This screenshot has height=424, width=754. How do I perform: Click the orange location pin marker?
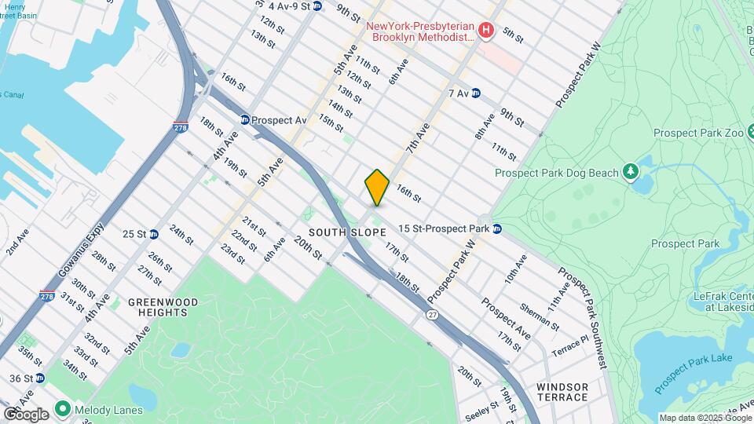[377, 187]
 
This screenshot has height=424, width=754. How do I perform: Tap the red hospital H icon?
[486, 31]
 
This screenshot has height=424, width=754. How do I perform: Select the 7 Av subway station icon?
[476, 93]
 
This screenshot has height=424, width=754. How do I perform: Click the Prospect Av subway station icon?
[244, 120]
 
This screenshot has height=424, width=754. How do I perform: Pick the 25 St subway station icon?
[154, 233]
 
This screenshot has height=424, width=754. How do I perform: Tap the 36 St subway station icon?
[40, 378]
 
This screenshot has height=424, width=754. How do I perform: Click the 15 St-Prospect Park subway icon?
[497, 228]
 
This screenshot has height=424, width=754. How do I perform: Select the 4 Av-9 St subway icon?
[317, 6]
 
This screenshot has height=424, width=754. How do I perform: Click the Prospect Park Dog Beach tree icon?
[630, 171]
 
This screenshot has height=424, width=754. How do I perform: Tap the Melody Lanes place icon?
[61, 409]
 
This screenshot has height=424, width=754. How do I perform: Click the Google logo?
[26, 414]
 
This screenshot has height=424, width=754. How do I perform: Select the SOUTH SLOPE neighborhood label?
[347, 232]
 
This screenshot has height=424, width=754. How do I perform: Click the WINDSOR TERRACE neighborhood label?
[562, 392]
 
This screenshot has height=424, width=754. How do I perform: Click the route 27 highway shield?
[433, 314]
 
